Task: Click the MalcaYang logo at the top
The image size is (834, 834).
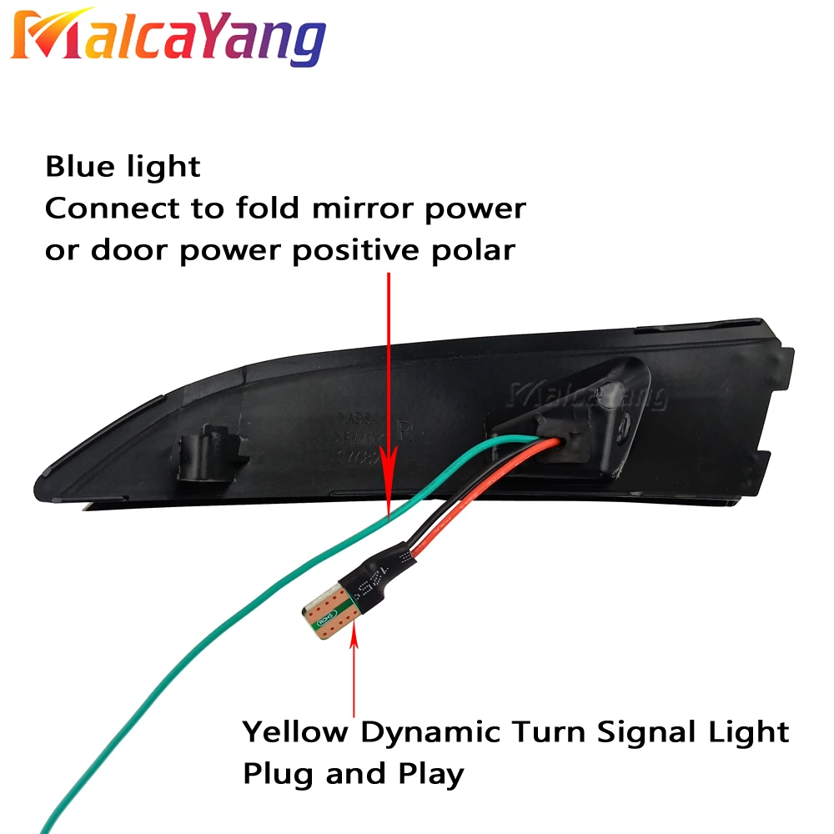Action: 167,38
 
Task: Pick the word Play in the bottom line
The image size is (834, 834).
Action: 428,774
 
